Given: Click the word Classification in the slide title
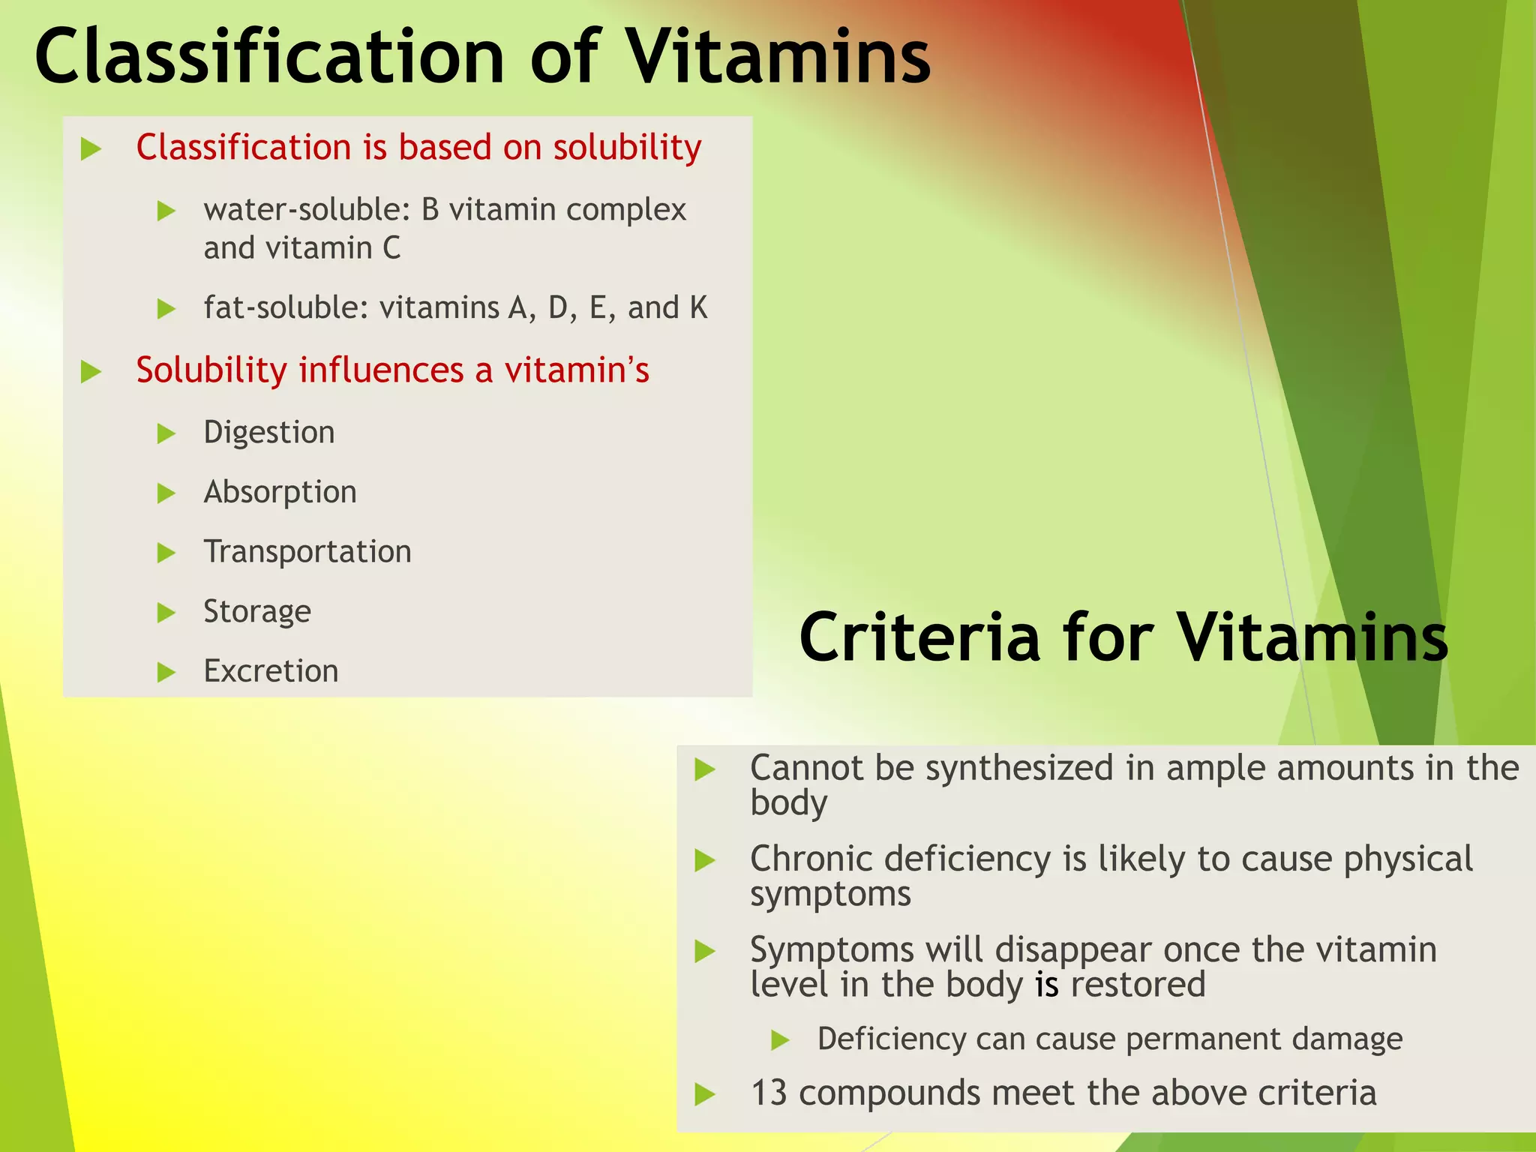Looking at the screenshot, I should tap(270, 57).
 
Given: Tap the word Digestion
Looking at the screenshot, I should tap(269, 433).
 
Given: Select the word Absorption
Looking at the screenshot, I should tap(280, 493).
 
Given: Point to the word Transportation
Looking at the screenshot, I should tap(307, 552).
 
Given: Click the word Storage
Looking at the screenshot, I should tap(257, 612).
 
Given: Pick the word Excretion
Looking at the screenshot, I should tap(271, 671).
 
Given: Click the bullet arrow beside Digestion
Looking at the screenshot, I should tap(166, 433).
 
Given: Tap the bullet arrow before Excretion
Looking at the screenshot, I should tap(166, 672).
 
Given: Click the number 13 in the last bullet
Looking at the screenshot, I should tap(769, 1093).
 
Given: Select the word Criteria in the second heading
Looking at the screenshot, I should tap(919, 637).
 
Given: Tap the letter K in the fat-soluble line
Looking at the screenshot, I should tap(698, 308).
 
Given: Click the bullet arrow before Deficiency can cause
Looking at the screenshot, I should tap(781, 1040).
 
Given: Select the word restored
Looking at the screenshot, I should tap(1138, 985).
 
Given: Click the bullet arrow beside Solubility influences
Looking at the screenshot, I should tap(91, 371).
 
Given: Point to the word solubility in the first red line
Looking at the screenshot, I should tap(627, 148).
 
